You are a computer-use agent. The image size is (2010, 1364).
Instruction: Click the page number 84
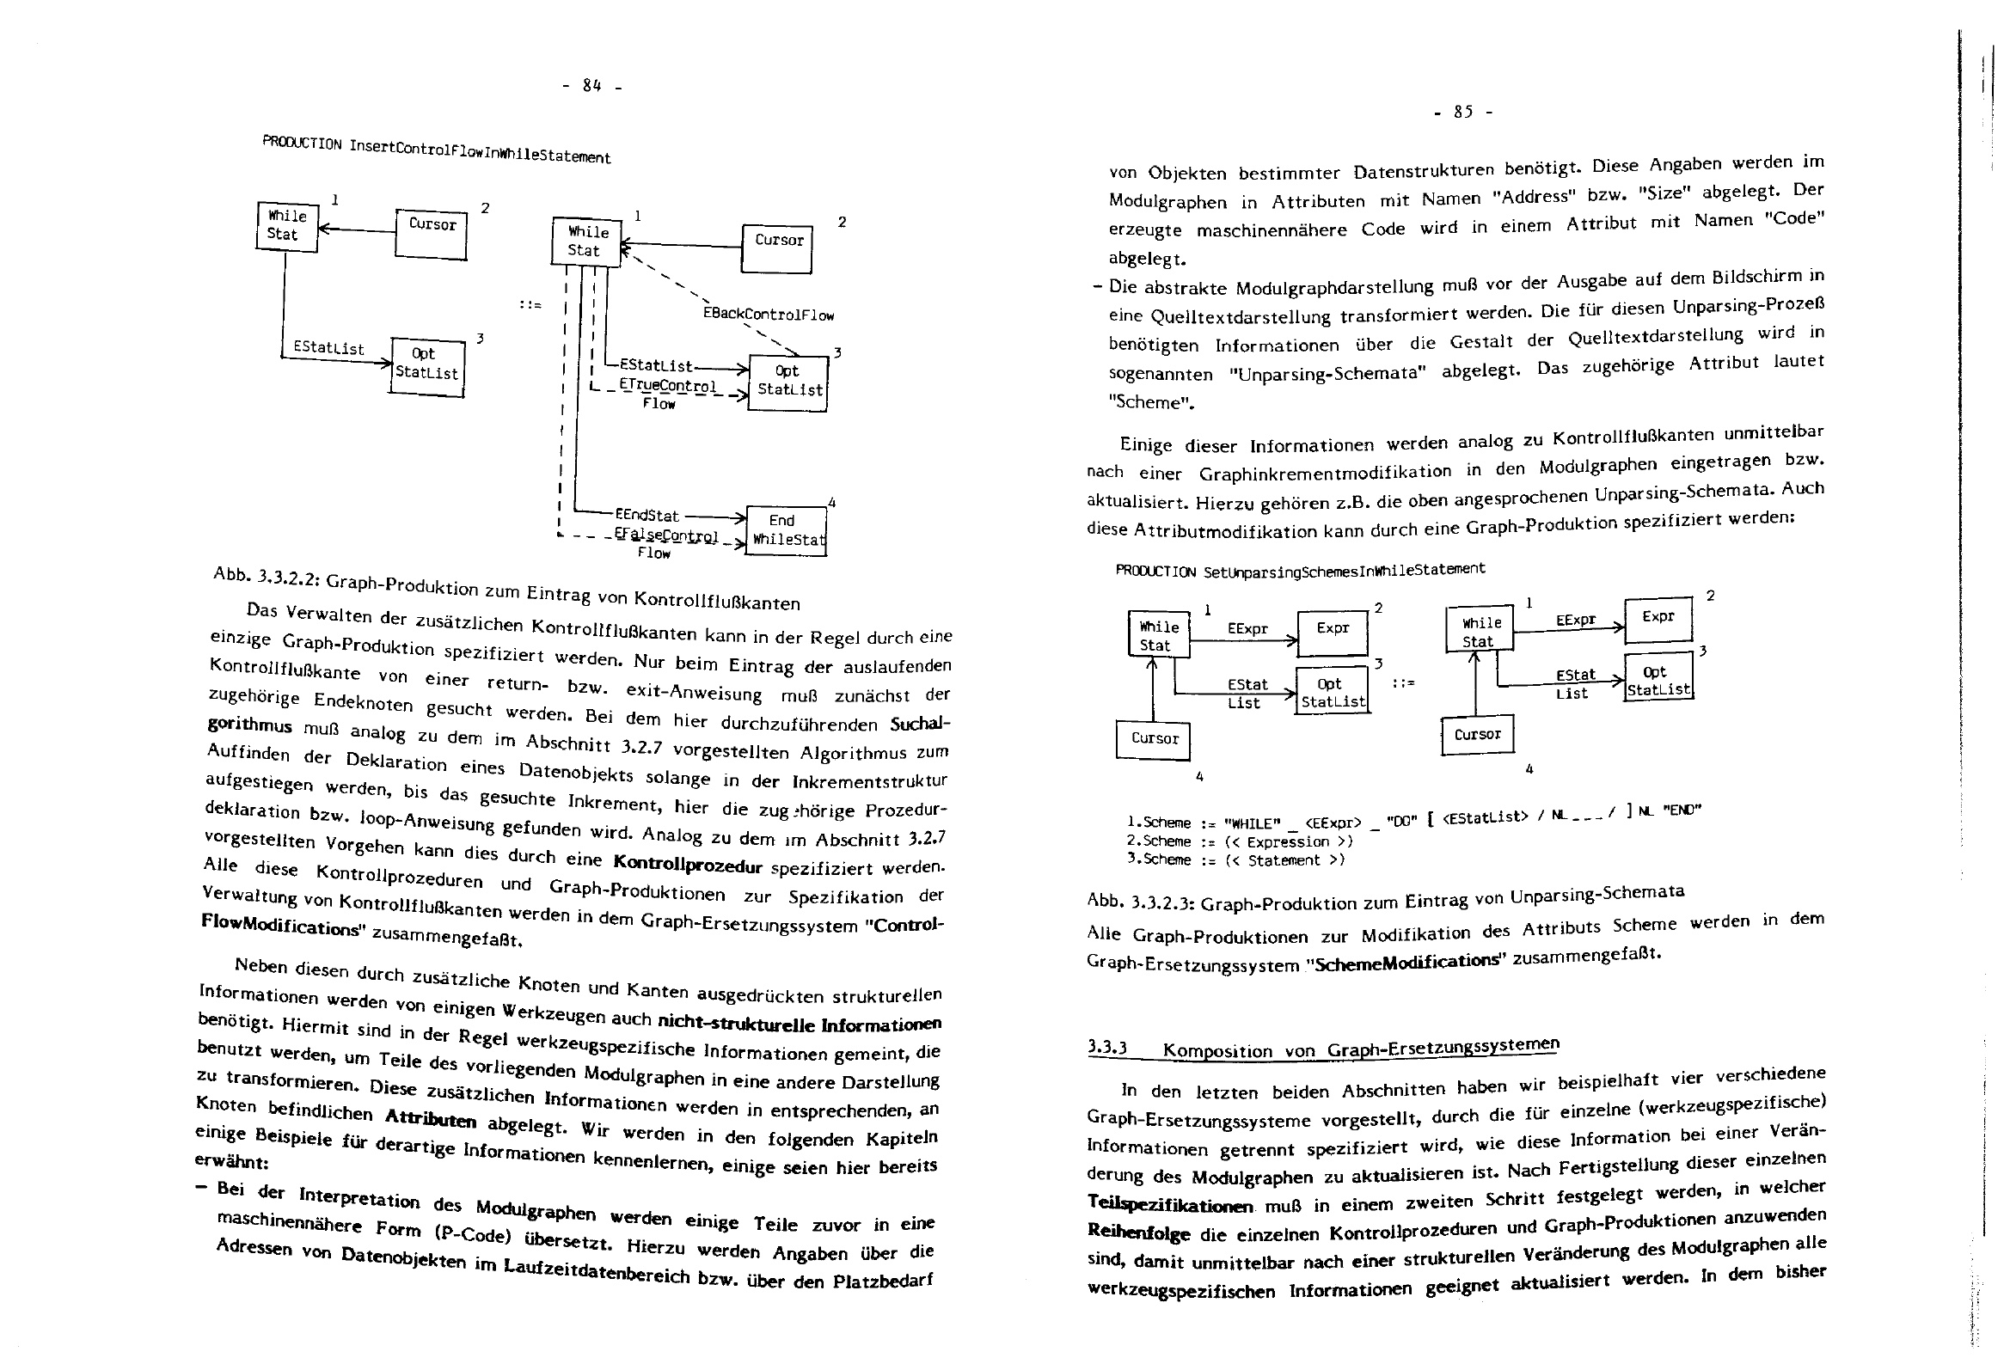(591, 86)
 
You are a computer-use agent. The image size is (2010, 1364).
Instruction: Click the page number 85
(1462, 112)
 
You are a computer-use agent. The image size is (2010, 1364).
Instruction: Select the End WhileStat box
(785, 530)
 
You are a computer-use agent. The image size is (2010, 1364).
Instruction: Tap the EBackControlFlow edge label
(768, 315)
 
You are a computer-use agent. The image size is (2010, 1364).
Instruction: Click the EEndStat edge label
(647, 516)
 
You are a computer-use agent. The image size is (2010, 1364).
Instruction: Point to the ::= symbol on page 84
(530, 304)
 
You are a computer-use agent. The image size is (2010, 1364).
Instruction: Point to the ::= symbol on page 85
(1403, 683)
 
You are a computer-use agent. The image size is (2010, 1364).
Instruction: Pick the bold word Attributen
(430, 1118)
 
